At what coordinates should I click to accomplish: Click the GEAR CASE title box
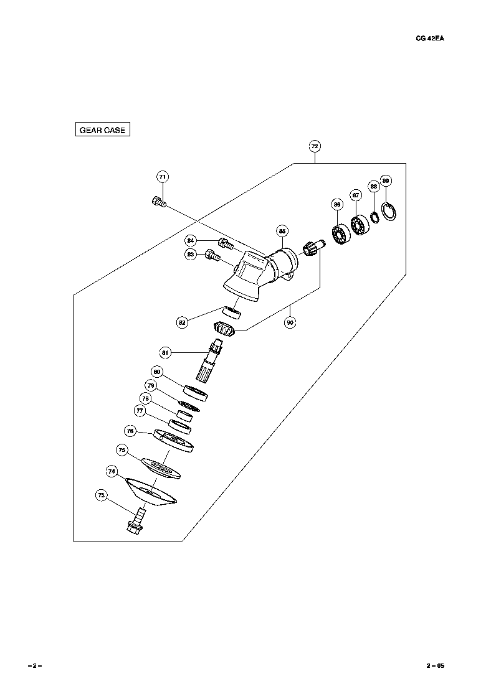click(102, 130)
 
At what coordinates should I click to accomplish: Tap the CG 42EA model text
click(429, 37)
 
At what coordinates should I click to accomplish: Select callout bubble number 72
click(315, 146)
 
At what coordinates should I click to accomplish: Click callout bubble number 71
click(162, 177)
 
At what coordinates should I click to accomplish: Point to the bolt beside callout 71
click(158, 202)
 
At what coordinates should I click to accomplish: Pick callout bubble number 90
click(290, 323)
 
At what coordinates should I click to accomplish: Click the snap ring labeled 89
click(390, 212)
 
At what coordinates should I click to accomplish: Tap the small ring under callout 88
click(375, 217)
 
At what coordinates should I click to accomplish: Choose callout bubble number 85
click(282, 231)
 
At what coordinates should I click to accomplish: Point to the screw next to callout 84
click(226, 242)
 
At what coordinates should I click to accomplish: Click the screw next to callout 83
click(214, 254)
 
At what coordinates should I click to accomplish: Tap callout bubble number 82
click(182, 322)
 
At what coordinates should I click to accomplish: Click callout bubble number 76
click(130, 431)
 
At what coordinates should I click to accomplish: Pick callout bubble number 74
click(112, 472)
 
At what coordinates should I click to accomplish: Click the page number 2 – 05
click(435, 665)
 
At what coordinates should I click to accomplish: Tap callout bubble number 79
click(150, 385)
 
